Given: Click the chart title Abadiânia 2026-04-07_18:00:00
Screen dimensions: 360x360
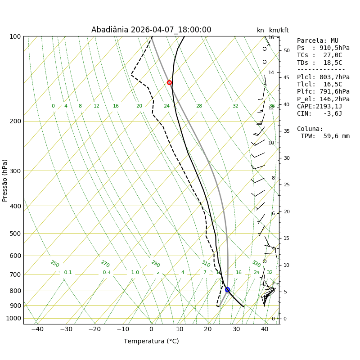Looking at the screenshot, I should click(x=151, y=30).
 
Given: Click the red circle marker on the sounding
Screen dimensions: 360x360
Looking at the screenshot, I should click(x=169, y=82).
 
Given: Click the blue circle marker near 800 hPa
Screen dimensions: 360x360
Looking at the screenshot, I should click(x=227, y=290).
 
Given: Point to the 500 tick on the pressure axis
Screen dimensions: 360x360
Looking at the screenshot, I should click(x=15, y=234).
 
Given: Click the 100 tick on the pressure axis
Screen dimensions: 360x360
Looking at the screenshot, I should click(x=15, y=36).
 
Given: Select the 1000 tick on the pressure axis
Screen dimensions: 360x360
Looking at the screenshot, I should click(x=14, y=318).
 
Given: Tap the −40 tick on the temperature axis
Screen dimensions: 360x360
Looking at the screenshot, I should click(x=37, y=329).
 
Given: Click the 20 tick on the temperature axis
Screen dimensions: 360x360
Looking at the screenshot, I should click(x=208, y=329).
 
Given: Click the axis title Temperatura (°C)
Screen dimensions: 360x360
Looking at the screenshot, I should click(x=151, y=341).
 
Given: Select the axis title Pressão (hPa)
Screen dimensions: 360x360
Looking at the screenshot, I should click(x=5, y=180).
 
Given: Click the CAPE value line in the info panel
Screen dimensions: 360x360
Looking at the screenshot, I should click(x=319, y=107).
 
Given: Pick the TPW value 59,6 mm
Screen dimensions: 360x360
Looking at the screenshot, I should click(x=325, y=136).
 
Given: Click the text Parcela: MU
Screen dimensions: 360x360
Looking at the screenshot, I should click(x=318, y=41).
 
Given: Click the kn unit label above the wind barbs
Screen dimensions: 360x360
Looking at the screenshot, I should click(x=261, y=31).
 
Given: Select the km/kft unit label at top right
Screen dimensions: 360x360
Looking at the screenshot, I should click(x=279, y=31).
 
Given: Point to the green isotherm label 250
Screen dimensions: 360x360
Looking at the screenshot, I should click(x=54, y=264).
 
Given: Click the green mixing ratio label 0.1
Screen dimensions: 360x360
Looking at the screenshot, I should click(x=68, y=273).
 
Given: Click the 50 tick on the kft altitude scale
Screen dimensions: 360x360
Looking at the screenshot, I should click(x=287, y=50).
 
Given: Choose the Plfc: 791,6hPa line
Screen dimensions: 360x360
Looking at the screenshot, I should click(x=323, y=92).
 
